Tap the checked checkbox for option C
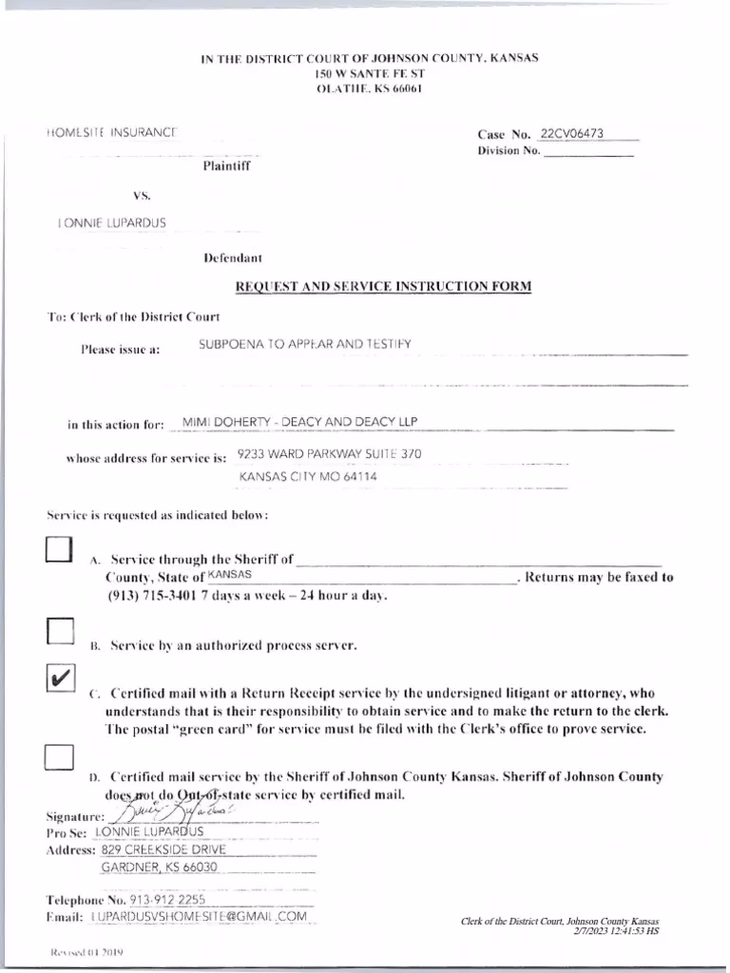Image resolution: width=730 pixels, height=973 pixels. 60,678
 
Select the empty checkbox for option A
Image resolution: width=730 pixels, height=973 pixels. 59,551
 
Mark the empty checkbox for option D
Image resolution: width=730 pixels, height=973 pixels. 60,756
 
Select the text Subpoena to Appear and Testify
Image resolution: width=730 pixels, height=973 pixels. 304,343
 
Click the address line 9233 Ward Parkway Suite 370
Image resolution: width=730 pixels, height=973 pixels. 329,454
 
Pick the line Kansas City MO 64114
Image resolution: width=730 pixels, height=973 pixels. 307,476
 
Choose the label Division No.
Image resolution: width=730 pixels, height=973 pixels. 509,151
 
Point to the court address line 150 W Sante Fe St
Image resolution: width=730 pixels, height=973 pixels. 370,73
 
